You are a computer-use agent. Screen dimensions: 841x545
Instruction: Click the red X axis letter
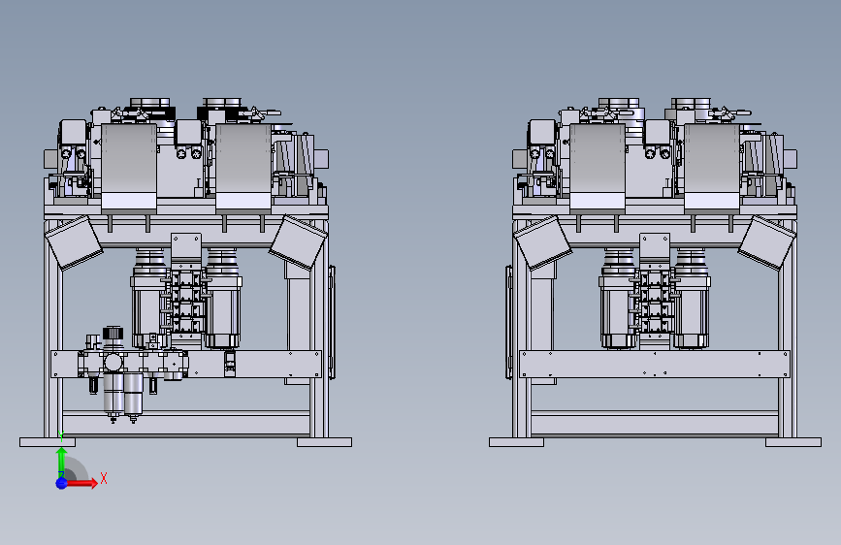(104, 478)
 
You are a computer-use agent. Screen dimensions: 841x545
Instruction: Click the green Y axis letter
(62, 436)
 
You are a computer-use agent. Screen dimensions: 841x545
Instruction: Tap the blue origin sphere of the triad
(62, 483)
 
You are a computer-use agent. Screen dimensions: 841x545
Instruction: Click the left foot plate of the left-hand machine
(48, 442)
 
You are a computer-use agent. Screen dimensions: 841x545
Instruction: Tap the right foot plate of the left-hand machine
(325, 442)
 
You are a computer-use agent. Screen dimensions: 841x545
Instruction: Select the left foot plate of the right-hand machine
(516, 442)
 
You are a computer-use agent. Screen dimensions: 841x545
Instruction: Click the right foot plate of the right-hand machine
(793, 442)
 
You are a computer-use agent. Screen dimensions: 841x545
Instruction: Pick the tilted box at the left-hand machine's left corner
(74, 242)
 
